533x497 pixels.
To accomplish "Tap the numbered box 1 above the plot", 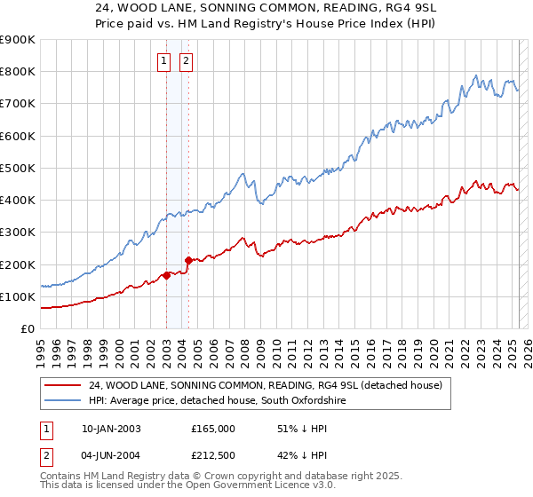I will click(165, 61).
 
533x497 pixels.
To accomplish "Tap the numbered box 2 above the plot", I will click(187, 61).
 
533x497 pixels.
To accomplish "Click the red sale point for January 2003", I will click(166, 275).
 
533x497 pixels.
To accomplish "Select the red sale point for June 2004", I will click(188, 260).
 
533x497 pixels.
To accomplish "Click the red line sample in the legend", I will click(63, 385).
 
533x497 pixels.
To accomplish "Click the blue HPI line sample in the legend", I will click(63, 401).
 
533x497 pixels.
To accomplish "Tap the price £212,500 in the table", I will click(213, 457).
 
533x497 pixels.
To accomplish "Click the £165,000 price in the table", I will click(213, 429).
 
